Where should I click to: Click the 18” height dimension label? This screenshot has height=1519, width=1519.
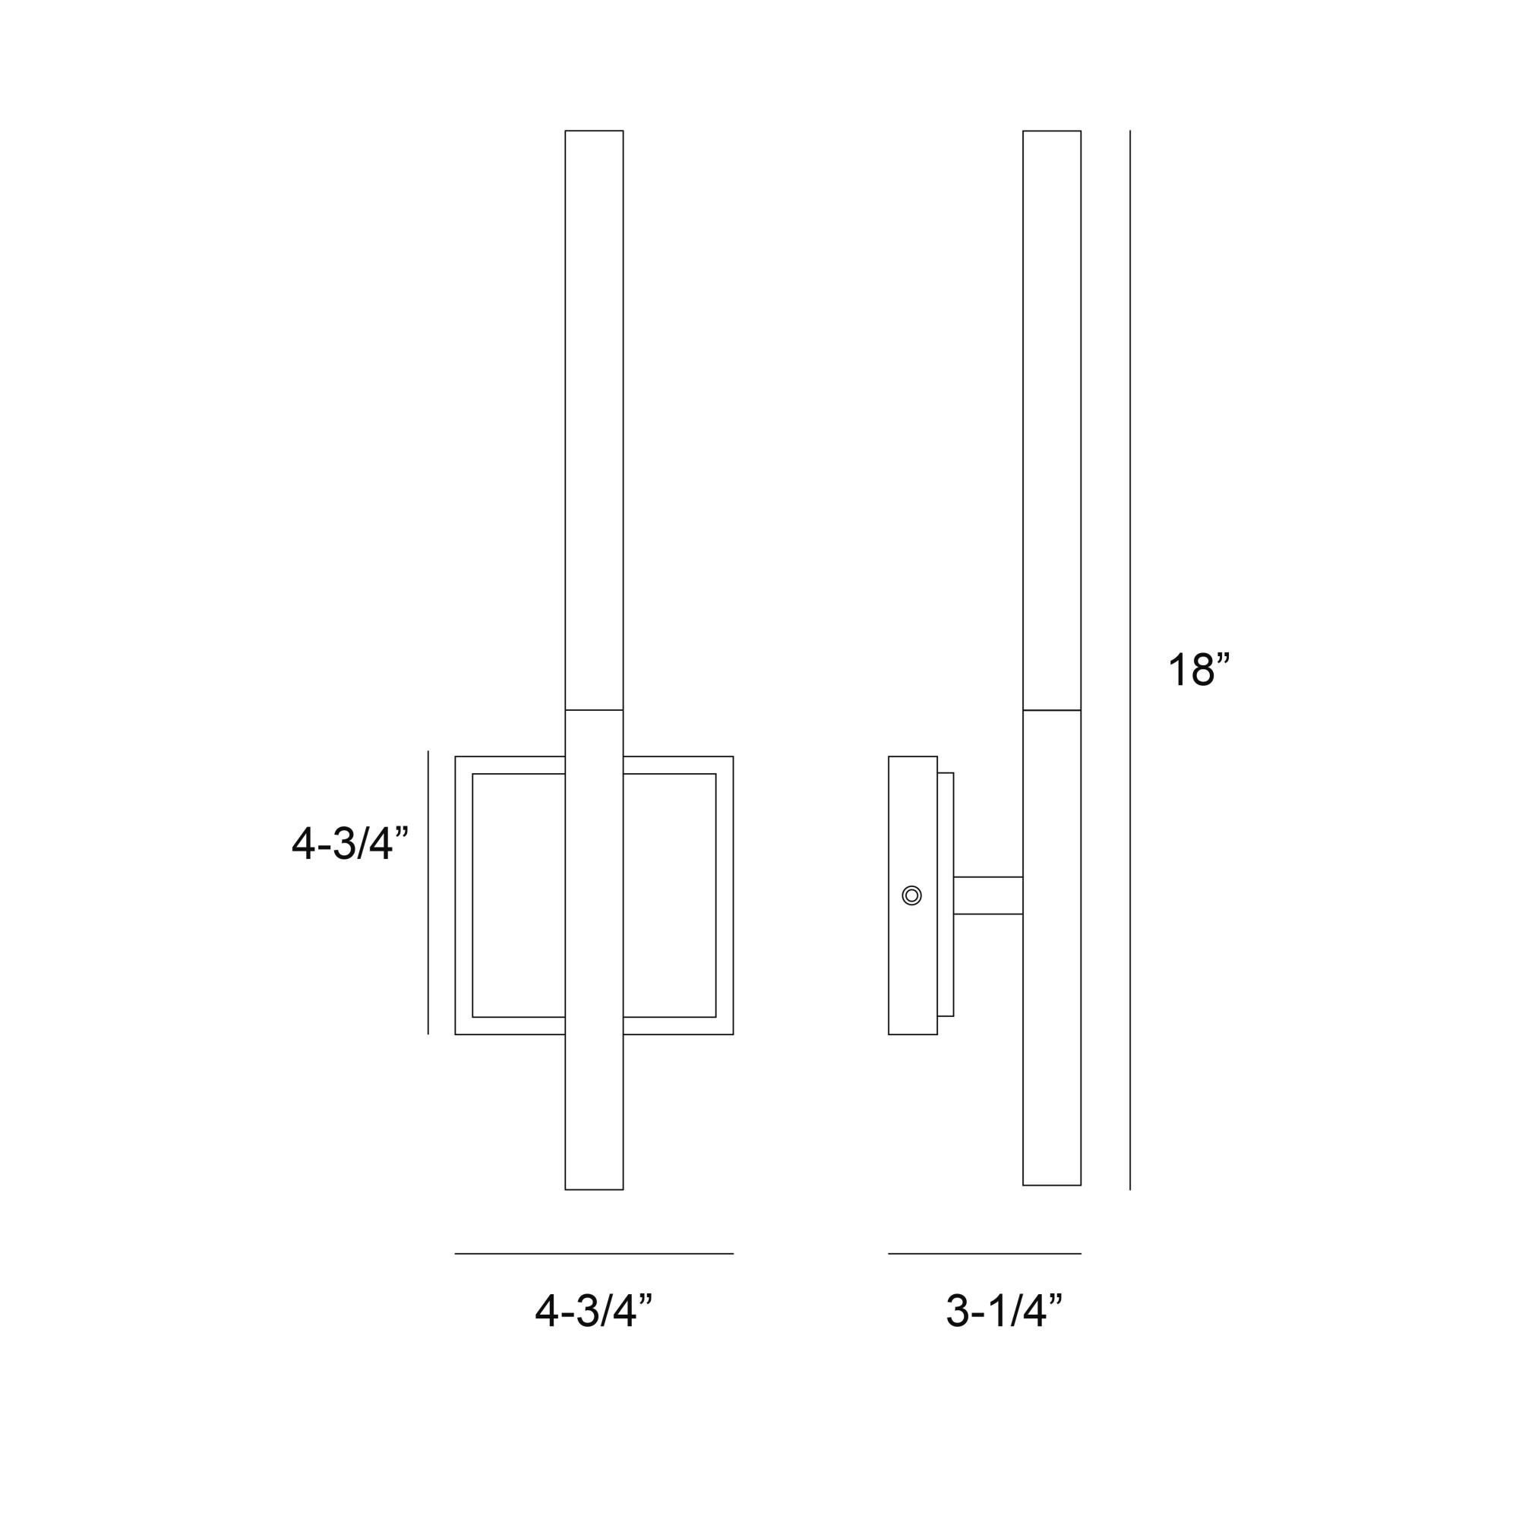click(1197, 670)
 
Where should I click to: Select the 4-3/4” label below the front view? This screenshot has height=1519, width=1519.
click(594, 1311)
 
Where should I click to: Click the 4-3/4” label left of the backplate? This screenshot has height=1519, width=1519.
click(350, 845)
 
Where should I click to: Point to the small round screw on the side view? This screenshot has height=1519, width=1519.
click(911, 895)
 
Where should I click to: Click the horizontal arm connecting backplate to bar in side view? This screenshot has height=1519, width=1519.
click(987, 895)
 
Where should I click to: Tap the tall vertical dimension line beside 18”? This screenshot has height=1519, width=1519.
click(1130, 661)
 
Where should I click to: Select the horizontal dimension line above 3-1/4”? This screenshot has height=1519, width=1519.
click(984, 1254)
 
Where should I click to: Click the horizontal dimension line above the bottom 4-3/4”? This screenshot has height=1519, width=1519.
click(594, 1254)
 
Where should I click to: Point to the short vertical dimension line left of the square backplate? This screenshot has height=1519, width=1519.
click(428, 892)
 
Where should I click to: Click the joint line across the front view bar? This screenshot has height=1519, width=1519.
click(594, 710)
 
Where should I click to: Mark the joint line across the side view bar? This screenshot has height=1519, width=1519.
click(1051, 710)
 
